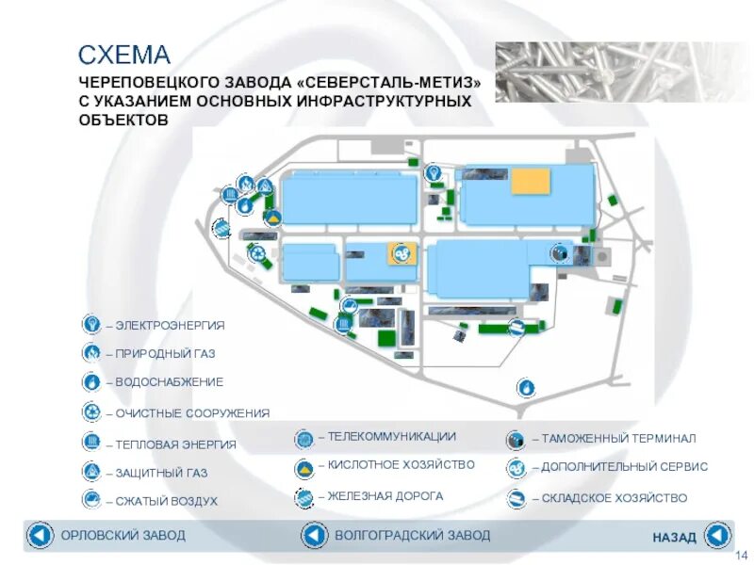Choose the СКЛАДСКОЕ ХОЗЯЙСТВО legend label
point(615,498)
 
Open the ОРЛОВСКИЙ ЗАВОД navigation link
point(123,536)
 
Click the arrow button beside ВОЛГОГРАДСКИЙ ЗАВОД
point(314,536)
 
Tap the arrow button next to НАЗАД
point(717,536)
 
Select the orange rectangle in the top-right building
point(530,181)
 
